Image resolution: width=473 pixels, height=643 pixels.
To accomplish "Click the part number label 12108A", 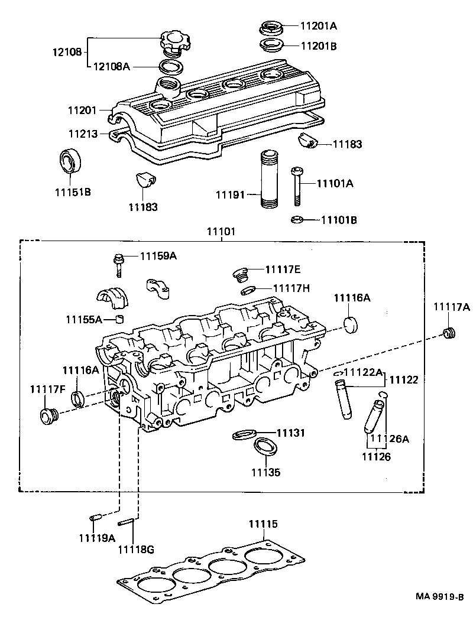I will coord(111,66).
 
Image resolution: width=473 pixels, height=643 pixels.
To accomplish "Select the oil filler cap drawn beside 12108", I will coord(173,43).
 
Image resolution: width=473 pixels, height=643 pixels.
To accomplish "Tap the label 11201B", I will coord(319,45).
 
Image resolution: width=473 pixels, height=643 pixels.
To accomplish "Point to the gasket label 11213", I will coord(82,134).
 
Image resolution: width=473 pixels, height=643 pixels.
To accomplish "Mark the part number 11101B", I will coord(339,220).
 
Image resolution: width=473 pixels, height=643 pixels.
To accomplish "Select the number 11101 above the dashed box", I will coord(221,232).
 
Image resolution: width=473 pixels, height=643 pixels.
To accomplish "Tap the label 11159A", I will coord(158,256).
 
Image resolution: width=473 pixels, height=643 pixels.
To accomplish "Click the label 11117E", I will coord(283,269).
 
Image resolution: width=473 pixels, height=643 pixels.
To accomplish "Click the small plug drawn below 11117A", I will coord(450,333).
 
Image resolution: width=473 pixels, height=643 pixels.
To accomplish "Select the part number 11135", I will coord(265,472).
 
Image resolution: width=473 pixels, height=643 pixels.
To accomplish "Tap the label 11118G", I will coord(135,549).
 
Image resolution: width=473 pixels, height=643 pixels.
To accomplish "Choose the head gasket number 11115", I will coord(263,524).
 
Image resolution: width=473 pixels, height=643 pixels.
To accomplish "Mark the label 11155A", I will coord(84,319).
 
